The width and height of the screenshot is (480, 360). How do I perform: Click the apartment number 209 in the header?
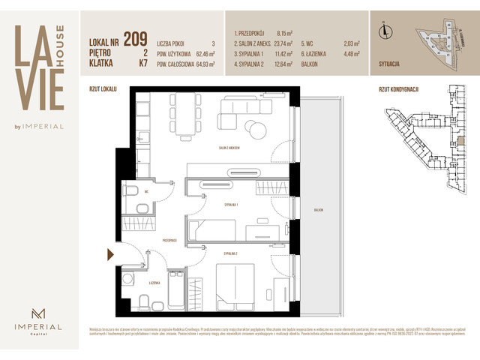pyautogui.click(x=136, y=40)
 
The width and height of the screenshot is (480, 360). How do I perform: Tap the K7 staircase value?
pyautogui.click(x=142, y=64)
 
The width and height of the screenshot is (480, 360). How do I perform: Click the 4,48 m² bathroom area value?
pyautogui.click(x=352, y=53)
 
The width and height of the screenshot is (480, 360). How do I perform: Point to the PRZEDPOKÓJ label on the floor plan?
pyautogui.click(x=168, y=240)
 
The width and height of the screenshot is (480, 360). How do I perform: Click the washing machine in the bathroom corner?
pyautogui.click(x=127, y=279)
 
